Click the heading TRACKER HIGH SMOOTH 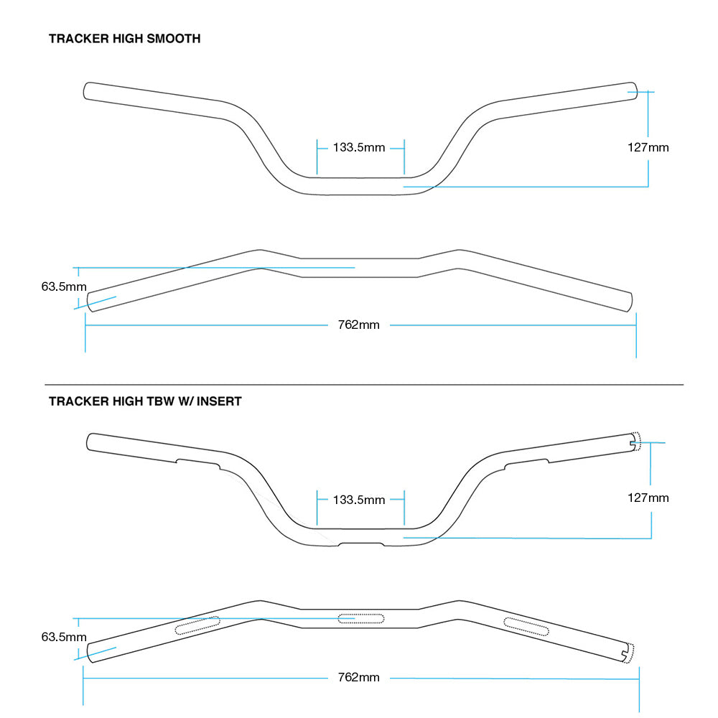pos(124,39)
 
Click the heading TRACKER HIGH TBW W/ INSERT pos(145,401)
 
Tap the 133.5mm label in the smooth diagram pos(359,148)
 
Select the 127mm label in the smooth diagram pos(648,148)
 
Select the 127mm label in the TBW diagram pos(648,498)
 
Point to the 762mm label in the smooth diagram pos(358,325)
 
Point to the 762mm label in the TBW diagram pos(358,678)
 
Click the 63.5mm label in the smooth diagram pos(64,286)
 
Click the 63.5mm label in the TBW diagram pos(64,637)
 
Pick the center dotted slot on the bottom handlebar pos(361,618)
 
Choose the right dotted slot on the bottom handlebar pos(526,626)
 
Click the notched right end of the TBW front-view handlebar pos(634,443)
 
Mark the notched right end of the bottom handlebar pos(628,652)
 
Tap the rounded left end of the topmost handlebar pos(87,91)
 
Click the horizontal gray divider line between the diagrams pos(364,385)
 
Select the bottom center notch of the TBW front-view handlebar pos(360,544)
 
